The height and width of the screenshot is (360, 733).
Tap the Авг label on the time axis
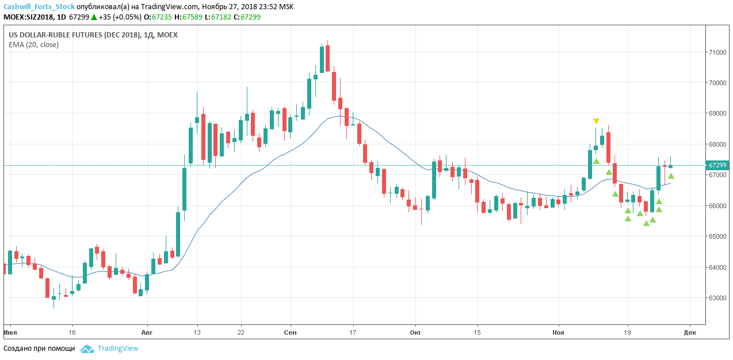147,332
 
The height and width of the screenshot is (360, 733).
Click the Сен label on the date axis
291,332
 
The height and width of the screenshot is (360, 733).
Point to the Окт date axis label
415,332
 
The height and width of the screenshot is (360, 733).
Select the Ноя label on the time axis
558,332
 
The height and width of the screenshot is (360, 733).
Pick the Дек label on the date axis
690,332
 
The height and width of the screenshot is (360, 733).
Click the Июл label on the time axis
9,332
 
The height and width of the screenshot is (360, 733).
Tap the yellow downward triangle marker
596,121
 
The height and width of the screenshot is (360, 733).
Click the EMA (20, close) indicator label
33,44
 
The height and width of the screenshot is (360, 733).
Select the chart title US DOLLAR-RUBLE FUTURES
93,35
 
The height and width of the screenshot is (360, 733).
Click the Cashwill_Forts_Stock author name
39,7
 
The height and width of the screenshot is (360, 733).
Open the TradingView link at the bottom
118,348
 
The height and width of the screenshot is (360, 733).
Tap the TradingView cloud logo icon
87,348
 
